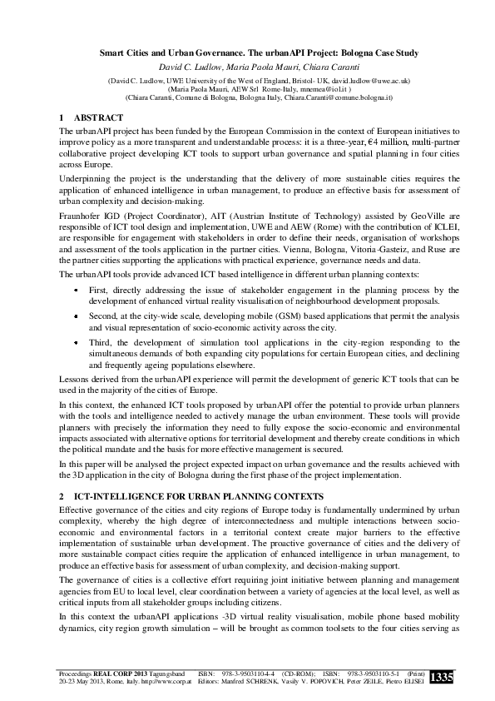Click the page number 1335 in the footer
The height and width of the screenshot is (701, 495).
pos(442,678)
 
